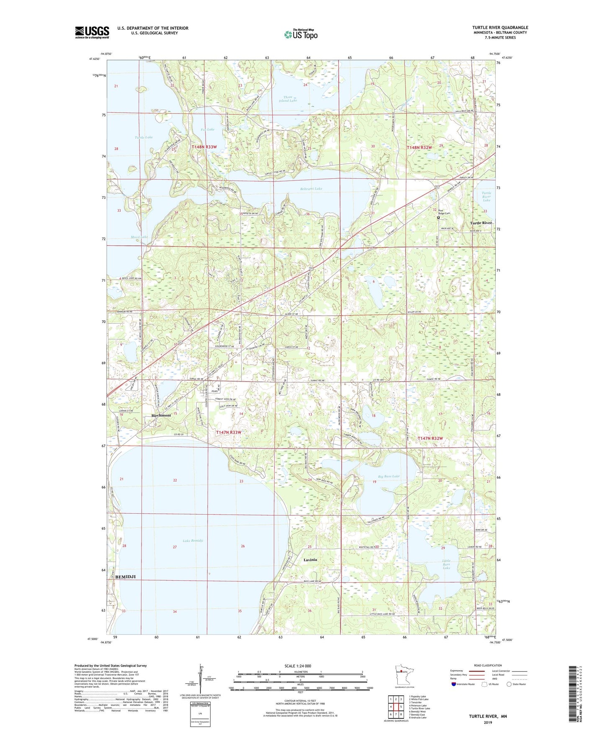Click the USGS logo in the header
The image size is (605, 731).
[x=92, y=32]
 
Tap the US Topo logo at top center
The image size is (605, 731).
[x=300, y=34]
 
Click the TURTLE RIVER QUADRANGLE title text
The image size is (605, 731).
[x=500, y=28]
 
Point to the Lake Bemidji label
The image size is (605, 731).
[x=193, y=541]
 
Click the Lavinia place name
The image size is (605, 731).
[x=310, y=560]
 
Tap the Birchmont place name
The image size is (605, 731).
[x=161, y=415]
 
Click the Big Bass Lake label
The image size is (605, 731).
[x=389, y=476]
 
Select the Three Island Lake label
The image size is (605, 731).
[x=287, y=99]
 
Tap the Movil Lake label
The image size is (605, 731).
[x=139, y=237]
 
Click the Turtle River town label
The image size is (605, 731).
[x=481, y=223]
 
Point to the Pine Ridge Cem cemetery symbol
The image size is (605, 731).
[x=438, y=218]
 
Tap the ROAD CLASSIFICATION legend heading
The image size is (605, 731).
[x=489, y=665]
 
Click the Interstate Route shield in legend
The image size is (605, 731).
[x=454, y=684]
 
